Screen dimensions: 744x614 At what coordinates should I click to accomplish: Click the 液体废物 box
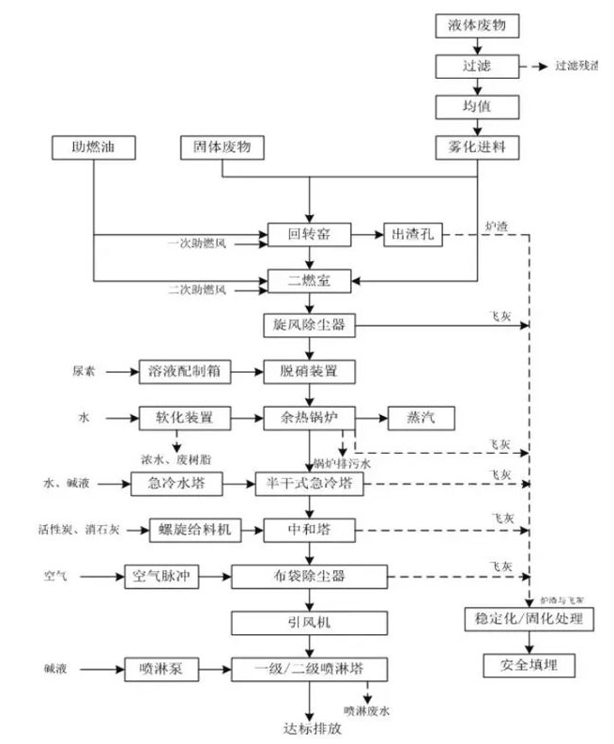(x=477, y=26)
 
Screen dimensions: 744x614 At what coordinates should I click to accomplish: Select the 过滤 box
(x=477, y=67)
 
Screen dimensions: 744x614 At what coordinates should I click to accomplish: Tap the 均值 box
(x=477, y=107)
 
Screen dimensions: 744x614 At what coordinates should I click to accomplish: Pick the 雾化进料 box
(x=477, y=147)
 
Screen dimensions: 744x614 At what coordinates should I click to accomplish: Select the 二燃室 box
(x=309, y=280)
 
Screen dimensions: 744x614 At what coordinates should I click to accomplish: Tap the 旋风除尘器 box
(x=309, y=326)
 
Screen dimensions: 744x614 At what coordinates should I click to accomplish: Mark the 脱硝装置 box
(x=309, y=372)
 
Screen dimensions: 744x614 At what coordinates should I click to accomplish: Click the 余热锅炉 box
(x=309, y=417)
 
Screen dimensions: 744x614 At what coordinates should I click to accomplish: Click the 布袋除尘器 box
(x=309, y=576)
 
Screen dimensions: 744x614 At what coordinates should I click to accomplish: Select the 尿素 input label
(x=84, y=372)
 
